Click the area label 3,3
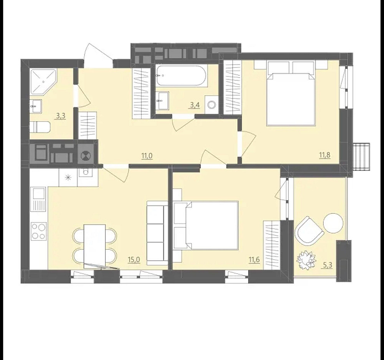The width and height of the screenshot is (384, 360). pos(61,116)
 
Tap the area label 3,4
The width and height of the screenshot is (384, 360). pos(195,105)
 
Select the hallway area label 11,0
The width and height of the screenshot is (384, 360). pos(147,156)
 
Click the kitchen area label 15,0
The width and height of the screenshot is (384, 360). pos(134,259)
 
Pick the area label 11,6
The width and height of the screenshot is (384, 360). pos(254,259)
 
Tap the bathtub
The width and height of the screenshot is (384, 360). pos(182,75)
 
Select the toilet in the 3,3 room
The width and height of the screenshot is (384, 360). pos(40,127)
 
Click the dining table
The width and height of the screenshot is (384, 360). pos(95,246)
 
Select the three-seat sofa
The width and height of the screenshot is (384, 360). pos(157,234)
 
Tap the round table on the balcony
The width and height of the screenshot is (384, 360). pos(333,223)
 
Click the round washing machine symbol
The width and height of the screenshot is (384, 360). pos(211,105)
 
